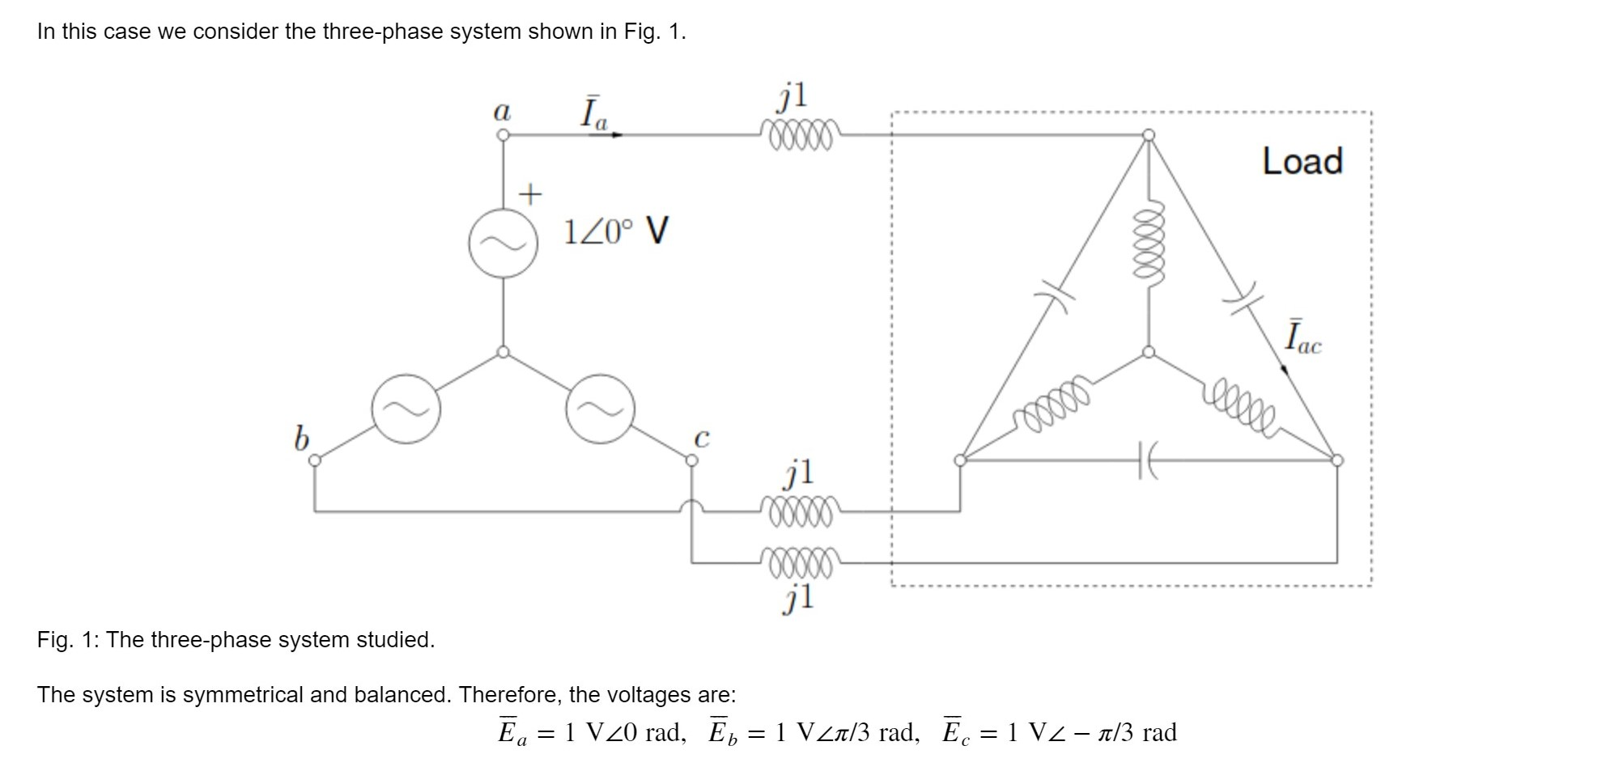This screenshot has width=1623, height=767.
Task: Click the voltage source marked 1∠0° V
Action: click(503, 243)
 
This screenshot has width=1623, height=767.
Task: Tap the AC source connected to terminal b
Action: click(406, 409)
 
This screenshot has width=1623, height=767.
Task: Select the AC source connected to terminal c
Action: click(600, 409)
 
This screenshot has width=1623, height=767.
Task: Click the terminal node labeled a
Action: click(503, 135)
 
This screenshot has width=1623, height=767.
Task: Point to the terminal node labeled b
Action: click(315, 460)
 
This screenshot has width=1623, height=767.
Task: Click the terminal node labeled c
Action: click(691, 460)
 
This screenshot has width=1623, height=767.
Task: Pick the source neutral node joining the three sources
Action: click(503, 352)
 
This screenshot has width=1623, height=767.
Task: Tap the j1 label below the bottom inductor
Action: click(799, 599)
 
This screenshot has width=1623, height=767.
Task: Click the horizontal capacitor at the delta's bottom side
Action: click(1148, 460)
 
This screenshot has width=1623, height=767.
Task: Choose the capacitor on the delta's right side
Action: click(1242, 297)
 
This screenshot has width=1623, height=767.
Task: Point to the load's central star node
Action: click(1148, 352)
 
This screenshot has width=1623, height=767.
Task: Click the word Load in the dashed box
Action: click(1302, 161)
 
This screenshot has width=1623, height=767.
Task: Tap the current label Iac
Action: click(1302, 337)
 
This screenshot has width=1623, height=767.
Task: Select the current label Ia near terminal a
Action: click(593, 114)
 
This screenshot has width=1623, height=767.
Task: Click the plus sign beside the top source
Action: click(529, 194)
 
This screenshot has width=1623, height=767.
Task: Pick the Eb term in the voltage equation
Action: click(723, 731)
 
